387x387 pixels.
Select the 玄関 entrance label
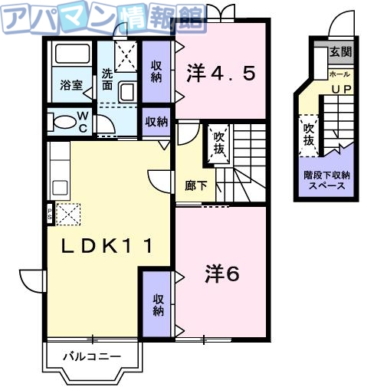(340, 53)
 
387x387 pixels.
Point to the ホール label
(339, 74)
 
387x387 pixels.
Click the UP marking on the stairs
(340, 89)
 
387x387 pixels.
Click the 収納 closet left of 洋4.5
(156, 71)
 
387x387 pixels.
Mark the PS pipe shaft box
(51, 213)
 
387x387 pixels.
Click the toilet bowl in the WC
(61, 120)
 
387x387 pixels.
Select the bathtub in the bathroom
(72, 57)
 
